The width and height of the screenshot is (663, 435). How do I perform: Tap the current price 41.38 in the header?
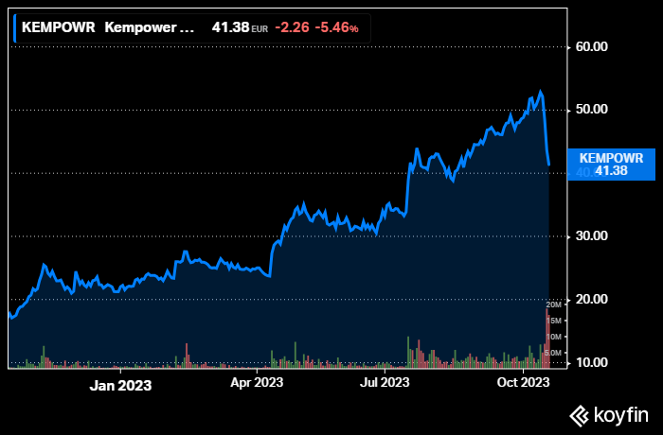(230, 28)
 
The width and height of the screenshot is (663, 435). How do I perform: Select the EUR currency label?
(260, 29)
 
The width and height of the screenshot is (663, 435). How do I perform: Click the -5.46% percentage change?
(336, 28)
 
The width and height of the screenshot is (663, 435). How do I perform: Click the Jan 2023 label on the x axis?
(120, 385)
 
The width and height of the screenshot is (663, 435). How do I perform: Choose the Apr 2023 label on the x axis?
(257, 383)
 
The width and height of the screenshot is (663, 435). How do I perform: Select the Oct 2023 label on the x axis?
(524, 383)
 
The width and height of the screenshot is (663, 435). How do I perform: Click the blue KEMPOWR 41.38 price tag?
(611, 164)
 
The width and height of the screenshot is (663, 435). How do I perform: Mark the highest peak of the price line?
(540, 92)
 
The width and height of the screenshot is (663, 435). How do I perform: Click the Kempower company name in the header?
(154, 28)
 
